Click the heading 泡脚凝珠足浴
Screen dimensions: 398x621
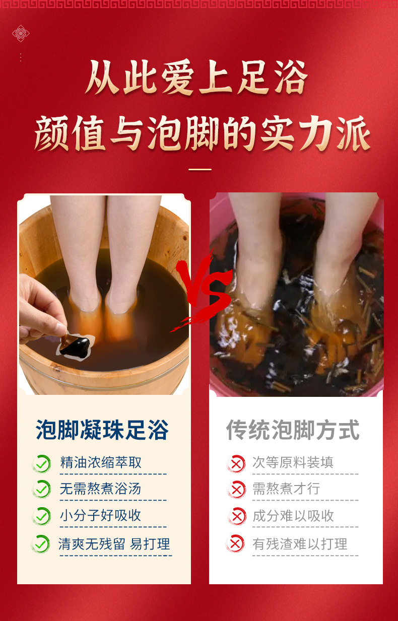click(x=102, y=430)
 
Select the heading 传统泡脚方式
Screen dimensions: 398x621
click(x=293, y=430)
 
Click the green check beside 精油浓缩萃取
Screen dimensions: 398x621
click(x=42, y=464)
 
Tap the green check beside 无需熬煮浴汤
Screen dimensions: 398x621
click(x=42, y=490)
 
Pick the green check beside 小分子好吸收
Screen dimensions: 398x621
click(x=42, y=516)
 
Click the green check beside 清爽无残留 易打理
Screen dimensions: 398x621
click(x=41, y=544)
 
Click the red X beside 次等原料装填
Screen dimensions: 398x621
click(x=236, y=464)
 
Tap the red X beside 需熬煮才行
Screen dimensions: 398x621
click(x=237, y=490)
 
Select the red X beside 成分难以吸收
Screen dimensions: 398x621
click(x=237, y=516)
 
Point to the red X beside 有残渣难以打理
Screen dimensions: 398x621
click(x=235, y=543)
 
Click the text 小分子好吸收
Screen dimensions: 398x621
click(x=100, y=516)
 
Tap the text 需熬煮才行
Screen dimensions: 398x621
click(x=286, y=489)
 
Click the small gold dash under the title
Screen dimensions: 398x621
click(x=200, y=169)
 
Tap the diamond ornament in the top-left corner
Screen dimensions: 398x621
click(x=21, y=33)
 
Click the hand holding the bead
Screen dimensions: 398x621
click(x=42, y=308)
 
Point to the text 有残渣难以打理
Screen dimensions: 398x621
click(x=300, y=544)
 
